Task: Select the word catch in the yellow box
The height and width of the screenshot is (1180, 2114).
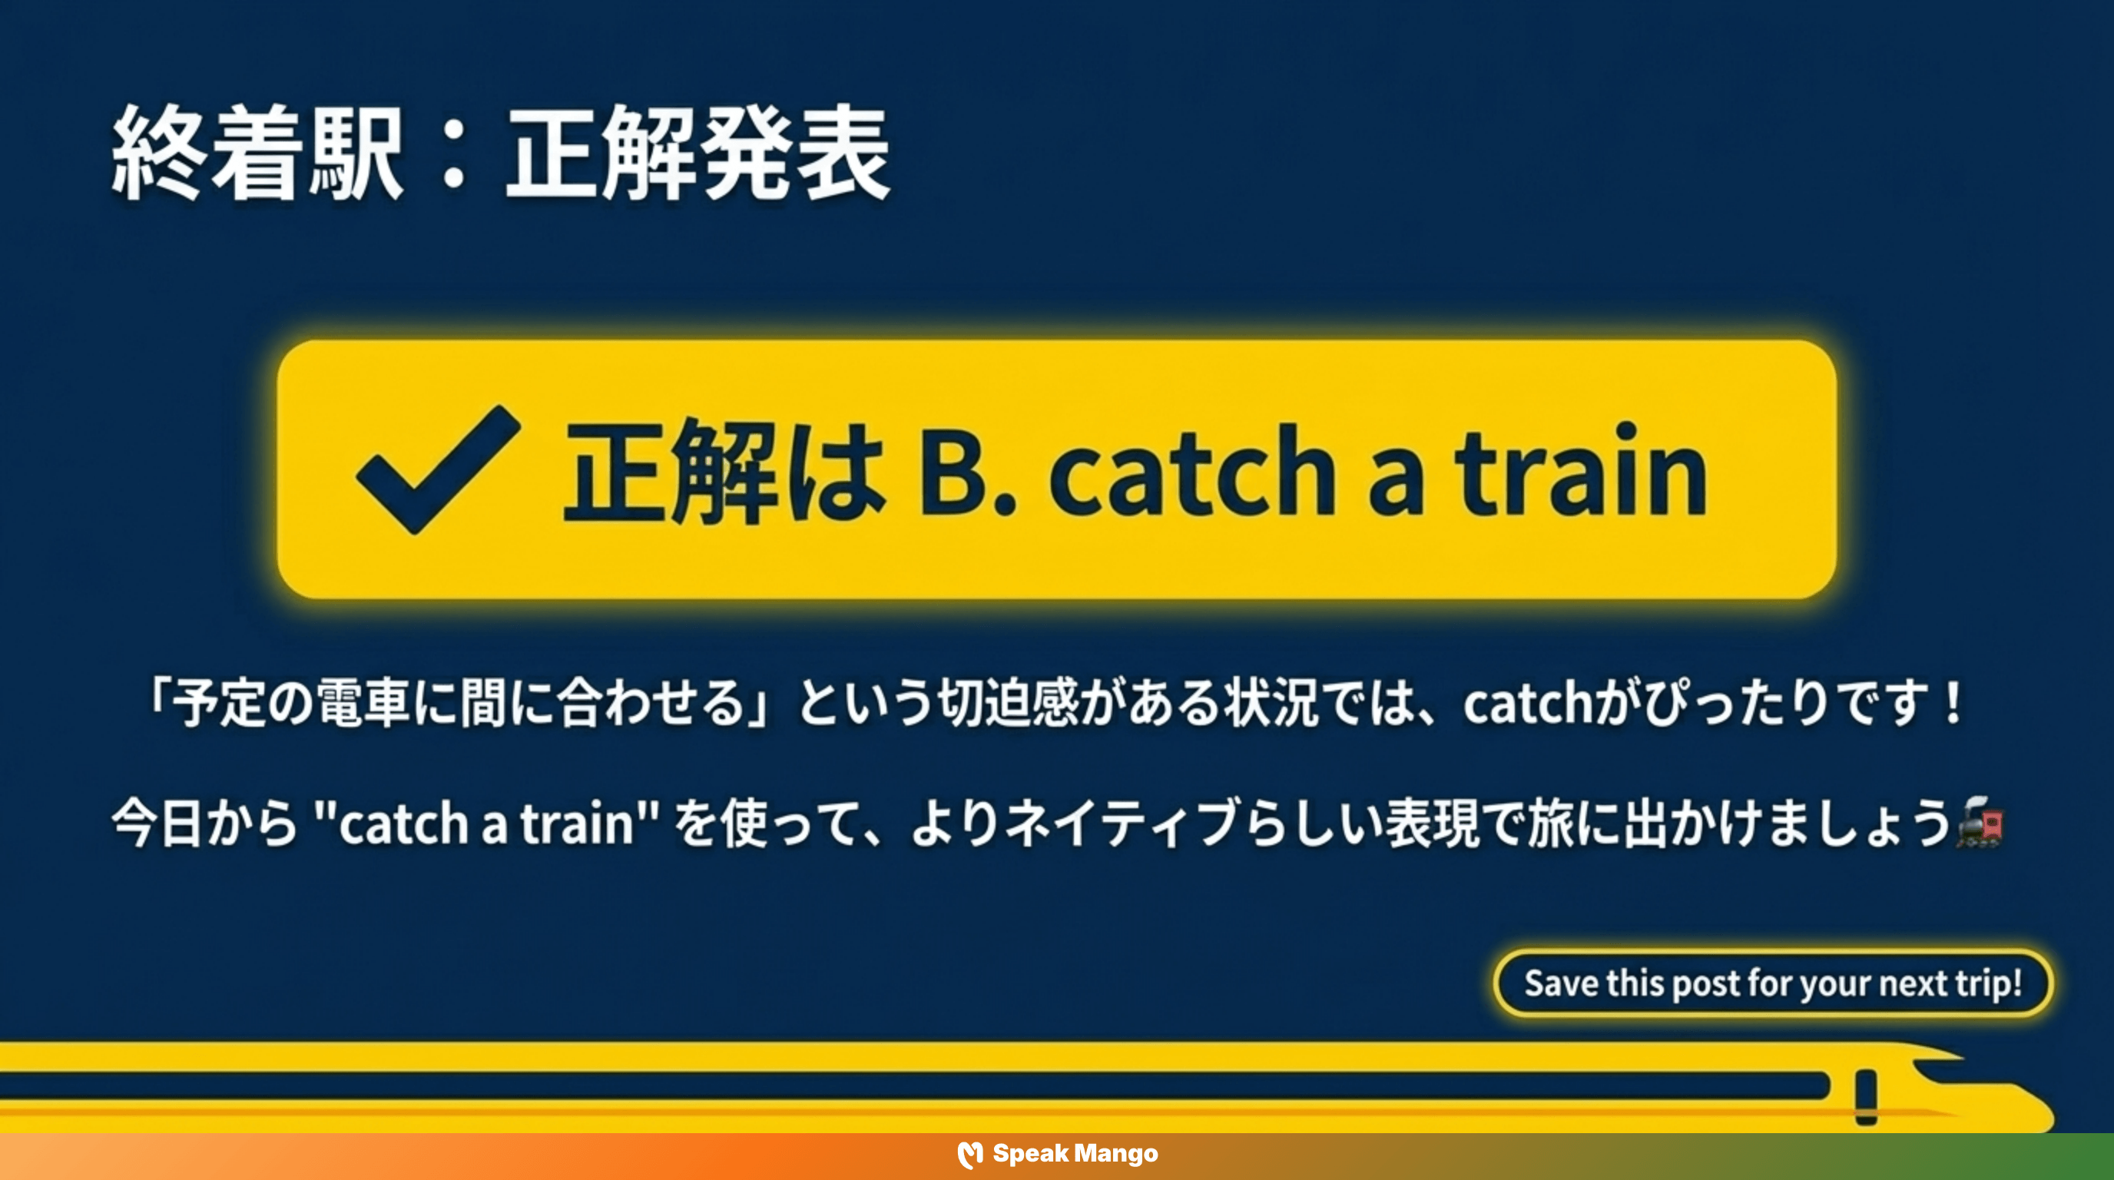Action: point(1191,471)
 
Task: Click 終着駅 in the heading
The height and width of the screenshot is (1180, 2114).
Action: point(257,154)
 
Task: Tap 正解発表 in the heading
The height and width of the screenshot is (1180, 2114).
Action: point(697,154)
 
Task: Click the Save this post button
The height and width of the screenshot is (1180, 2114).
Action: point(1773,983)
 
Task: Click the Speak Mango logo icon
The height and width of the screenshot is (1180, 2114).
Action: point(969,1155)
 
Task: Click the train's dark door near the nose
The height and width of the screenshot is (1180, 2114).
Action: point(1866,1096)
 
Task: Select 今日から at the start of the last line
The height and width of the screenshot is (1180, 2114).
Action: point(204,823)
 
